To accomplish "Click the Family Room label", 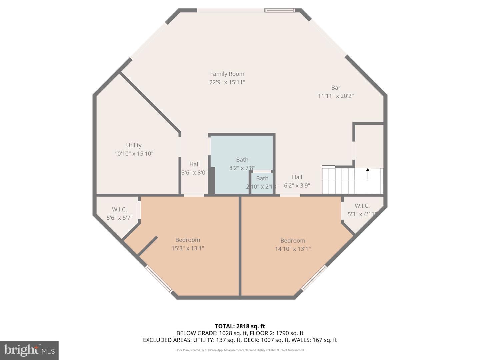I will click(x=227, y=74).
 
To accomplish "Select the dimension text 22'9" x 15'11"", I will click(x=227, y=82).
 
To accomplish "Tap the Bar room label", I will click(x=336, y=88).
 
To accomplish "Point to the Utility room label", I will click(x=134, y=145).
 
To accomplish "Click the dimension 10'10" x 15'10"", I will click(x=134, y=154).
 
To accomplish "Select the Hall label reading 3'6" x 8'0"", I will click(x=194, y=168).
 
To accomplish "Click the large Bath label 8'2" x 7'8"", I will click(x=242, y=164).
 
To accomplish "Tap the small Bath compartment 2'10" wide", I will click(x=262, y=182).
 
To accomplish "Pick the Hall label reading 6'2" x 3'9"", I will click(x=297, y=181).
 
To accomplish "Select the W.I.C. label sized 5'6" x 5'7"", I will click(x=119, y=213).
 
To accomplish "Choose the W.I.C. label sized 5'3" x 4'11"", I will click(x=362, y=210).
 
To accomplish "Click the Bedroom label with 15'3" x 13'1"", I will click(x=188, y=244).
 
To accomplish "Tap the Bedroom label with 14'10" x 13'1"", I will click(x=293, y=245).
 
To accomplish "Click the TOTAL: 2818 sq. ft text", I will click(x=240, y=326).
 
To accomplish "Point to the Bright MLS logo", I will click(x=29, y=350).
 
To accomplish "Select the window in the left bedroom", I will click(x=159, y=279).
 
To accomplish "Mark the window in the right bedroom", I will click(x=314, y=278).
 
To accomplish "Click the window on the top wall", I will click(x=280, y=11).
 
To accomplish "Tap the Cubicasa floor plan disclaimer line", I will click(x=240, y=350).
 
